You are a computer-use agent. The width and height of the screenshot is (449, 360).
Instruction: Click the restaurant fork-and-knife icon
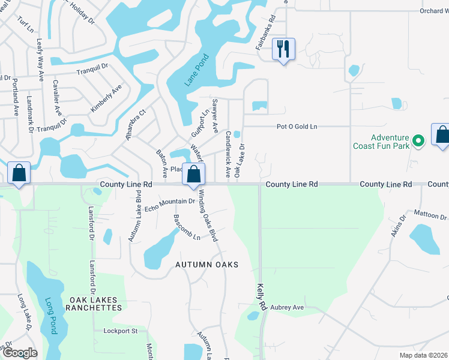coord(283,49)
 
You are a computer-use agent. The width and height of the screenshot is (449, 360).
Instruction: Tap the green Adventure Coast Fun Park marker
coord(420,141)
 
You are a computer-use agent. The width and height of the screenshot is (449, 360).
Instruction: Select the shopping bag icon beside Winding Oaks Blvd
coord(193,175)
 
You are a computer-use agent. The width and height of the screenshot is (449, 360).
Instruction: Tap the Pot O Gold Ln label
coord(296,127)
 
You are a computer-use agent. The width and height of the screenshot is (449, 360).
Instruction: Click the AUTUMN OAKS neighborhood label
coord(206,265)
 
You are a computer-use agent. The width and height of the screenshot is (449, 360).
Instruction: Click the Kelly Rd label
coord(261,296)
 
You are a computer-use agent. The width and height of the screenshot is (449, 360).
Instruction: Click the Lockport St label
coord(121,331)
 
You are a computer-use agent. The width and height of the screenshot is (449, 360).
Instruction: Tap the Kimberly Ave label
coord(106,98)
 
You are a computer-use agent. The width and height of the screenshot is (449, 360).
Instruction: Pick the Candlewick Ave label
coord(228,154)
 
